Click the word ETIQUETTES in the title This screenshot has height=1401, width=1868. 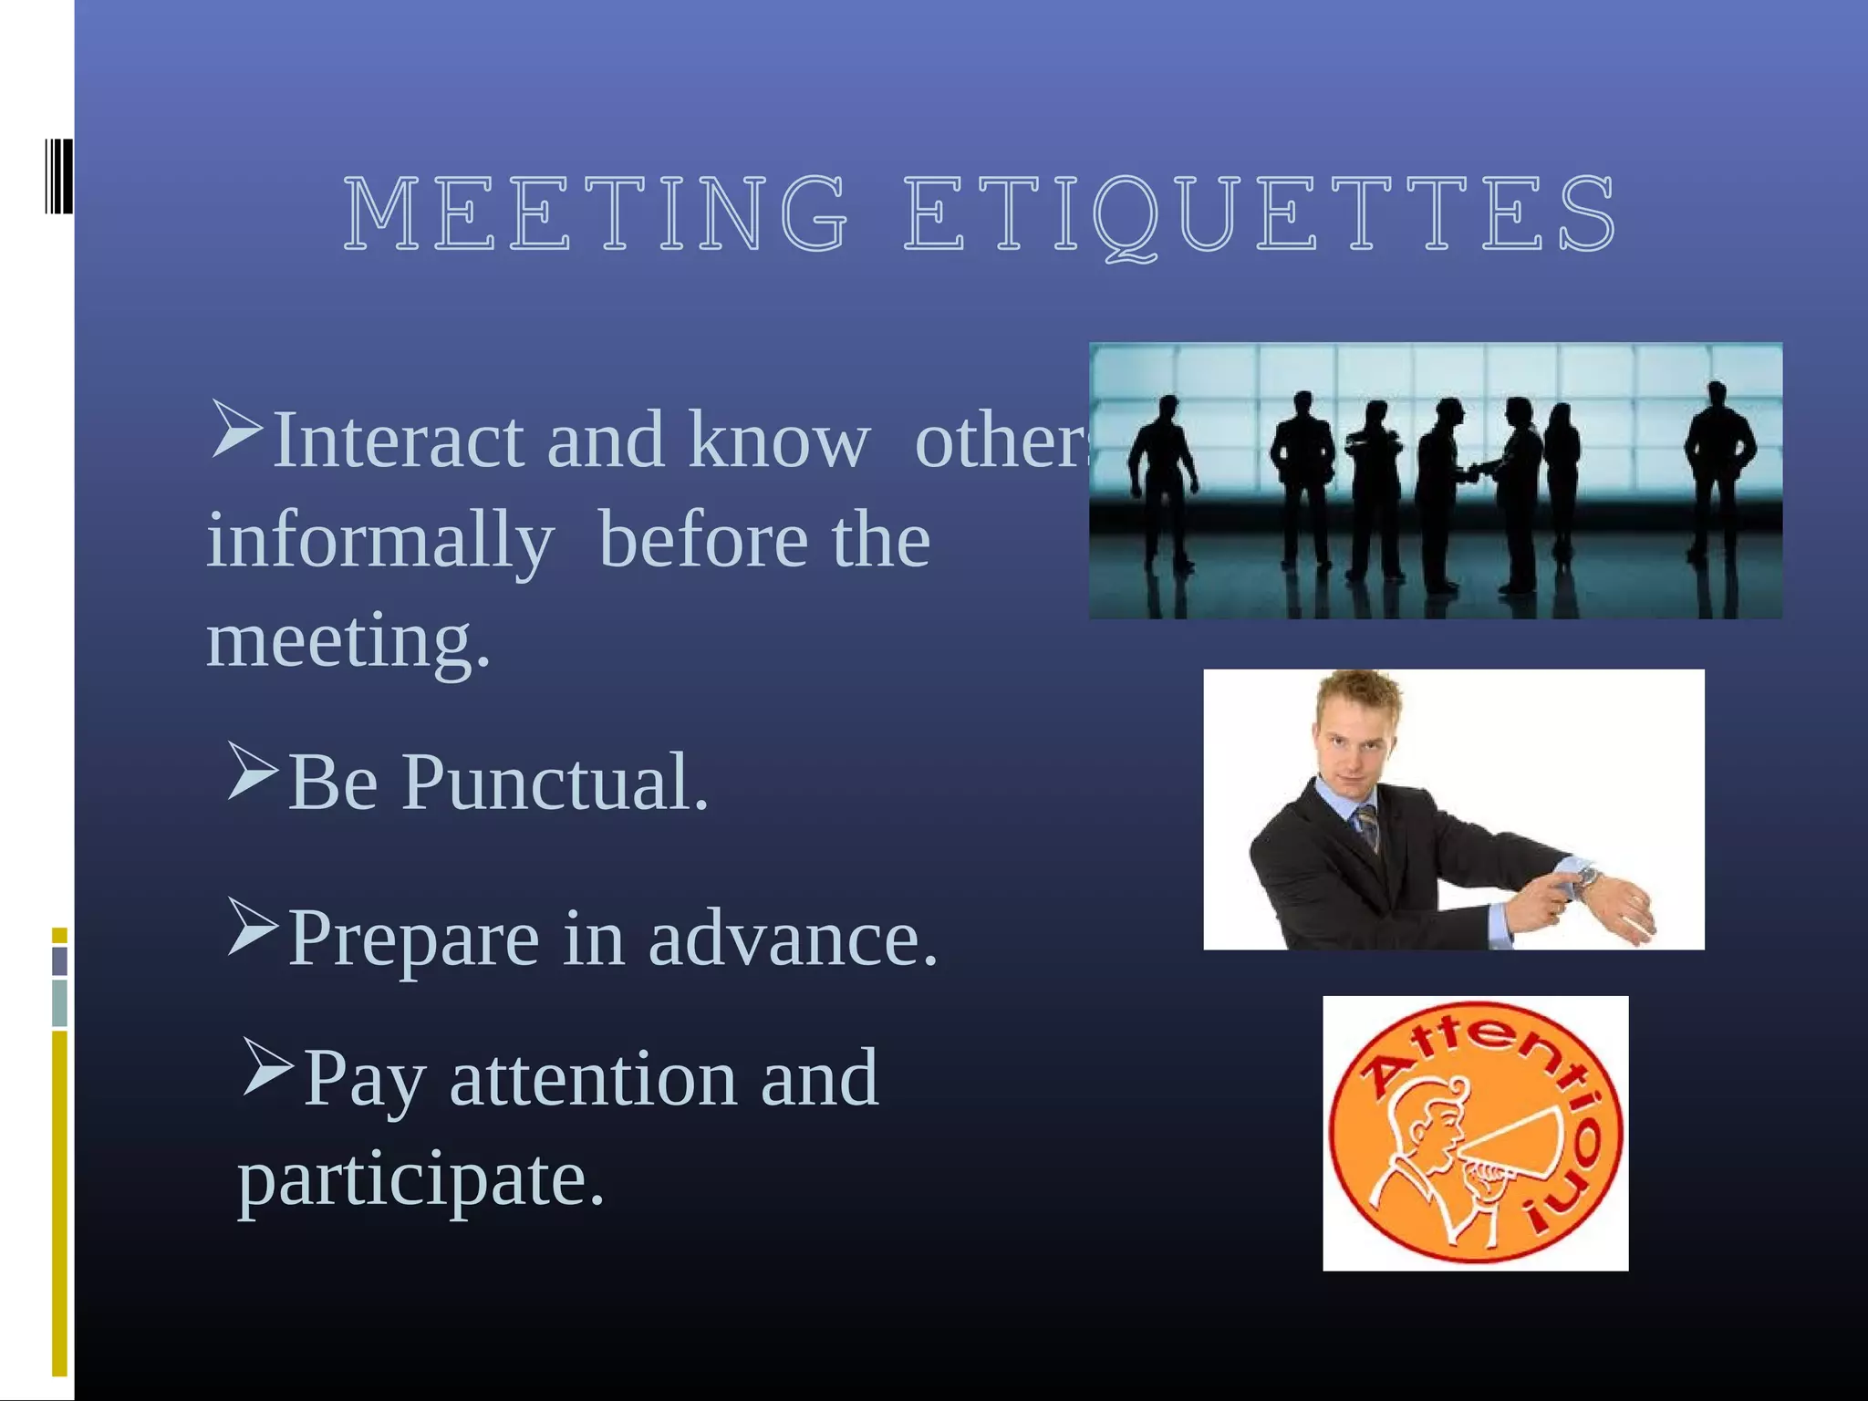(1260, 215)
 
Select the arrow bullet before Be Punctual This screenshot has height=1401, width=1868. (252, 772)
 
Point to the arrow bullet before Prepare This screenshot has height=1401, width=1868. (252, 927)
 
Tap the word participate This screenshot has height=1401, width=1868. (420, 1180)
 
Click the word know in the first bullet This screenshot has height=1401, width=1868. (779, 440)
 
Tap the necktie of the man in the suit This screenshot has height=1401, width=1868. (1368, 825)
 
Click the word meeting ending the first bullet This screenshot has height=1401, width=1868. (348, 640)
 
